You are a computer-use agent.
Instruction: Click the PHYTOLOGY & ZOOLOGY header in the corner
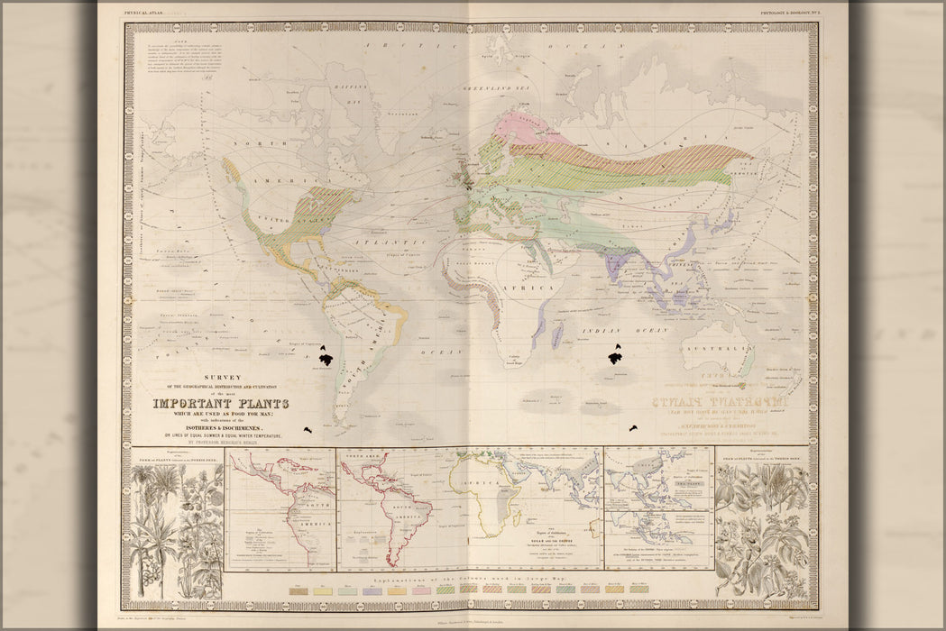pyautogui.click(x=788, y=13)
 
